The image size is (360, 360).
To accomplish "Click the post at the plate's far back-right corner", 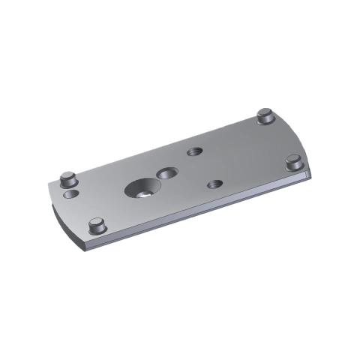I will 264,116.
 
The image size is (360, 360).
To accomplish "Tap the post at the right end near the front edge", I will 295,162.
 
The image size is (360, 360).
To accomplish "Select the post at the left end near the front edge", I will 96,225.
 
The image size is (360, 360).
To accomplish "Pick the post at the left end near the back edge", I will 67,180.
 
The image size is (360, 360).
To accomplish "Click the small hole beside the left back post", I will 71,194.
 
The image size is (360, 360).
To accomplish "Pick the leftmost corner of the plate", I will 50,187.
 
